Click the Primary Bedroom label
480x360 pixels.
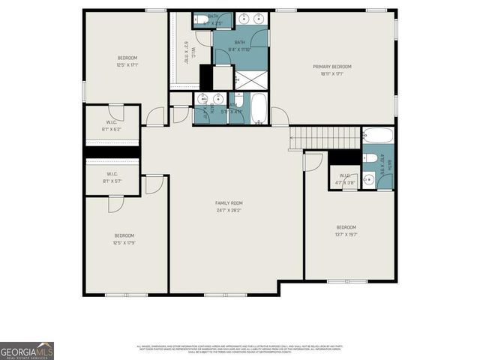pyautogui.click(x=331, y=67)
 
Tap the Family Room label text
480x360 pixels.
pyautogui.click(x=229, y=203)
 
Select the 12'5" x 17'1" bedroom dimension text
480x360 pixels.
pyautogui.click(x=127, y=64)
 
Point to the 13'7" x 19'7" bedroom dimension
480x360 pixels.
pyautogui.click(x=346, y=234)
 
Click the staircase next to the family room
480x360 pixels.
pyautogui.click(x=326, y=138)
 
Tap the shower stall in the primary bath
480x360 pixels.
pyautogui.click(x=251, y=79)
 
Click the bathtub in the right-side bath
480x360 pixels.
pyautogui.click(x=376, y=136)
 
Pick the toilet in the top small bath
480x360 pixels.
pyautogui.click(x=202, y=20)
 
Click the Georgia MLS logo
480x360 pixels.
pyautogui.click(x=27, y=350)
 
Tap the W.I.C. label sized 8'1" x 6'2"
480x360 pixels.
pyautogui.click(x=110, y=124)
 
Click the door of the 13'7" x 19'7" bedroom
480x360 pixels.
pyautogui.click(x=313, y=161)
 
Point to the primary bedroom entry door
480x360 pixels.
pyautogui.click(x=279, y=117)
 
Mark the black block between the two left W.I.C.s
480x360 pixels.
pyautogui.click(x=112, y=152)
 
